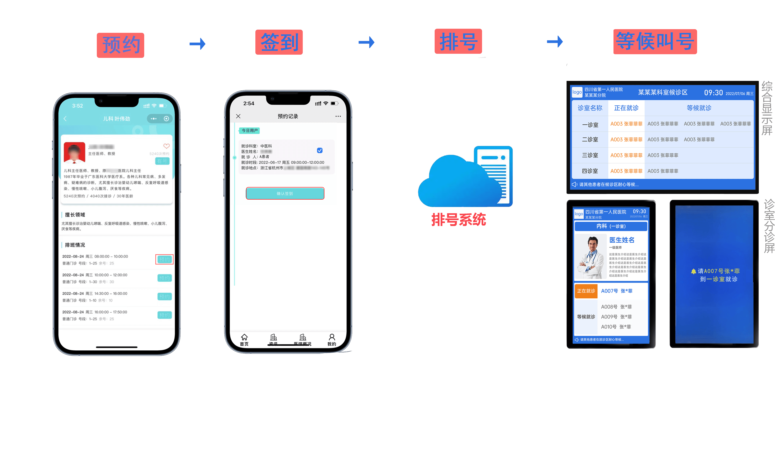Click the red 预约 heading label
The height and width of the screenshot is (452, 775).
click(x=121, y=45)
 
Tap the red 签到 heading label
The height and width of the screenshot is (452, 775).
click(x=279, y=42)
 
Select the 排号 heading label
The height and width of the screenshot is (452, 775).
click(x=458, y=41)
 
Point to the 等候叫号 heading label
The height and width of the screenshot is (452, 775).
click(x=655, y=42)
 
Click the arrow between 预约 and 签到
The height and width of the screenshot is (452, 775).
click(x=198, y=44)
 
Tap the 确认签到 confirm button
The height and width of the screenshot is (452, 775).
click(x=285, y=193)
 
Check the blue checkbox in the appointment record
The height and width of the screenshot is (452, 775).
click(x=320, y=150)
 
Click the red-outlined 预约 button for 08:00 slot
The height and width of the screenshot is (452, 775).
click(x=164, y=259)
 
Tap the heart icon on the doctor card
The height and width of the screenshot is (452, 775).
click(x=166, y=146)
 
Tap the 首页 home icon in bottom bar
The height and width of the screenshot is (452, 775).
click(x=244, y=339)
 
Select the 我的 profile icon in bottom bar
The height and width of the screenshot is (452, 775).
click(x=332, y=339)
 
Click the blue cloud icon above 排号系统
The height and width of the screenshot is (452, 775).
click(x=458, y=180)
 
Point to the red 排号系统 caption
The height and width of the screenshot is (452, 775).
click(x=459, y=220)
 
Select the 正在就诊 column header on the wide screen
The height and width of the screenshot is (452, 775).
click(x=626, y=108)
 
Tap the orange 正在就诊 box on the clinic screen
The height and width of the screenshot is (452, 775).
click(x=586, y=291)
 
